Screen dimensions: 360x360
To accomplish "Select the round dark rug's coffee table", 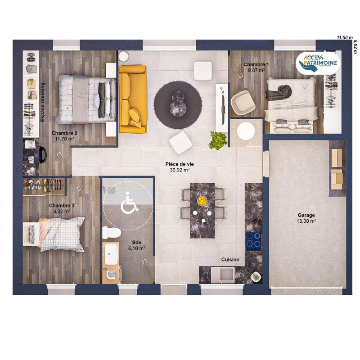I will point(178,103).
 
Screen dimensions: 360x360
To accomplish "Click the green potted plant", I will point(218,140).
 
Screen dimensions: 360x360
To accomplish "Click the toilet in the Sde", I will point(110,232).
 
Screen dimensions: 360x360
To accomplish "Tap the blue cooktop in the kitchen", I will point(253,241).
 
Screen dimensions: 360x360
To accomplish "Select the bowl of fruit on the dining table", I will point(202,201).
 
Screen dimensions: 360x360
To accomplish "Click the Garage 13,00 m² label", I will point(306,218).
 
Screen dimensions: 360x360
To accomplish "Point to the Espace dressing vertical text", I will point(43,102).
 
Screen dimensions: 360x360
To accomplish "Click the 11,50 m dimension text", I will point(345,38).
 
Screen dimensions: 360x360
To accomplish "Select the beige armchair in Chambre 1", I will point(243,101).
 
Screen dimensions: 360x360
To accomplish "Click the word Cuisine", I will point(230,260).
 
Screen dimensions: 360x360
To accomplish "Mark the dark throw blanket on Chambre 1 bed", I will point(278,92).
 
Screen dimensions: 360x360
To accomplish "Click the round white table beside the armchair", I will point(246,131).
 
